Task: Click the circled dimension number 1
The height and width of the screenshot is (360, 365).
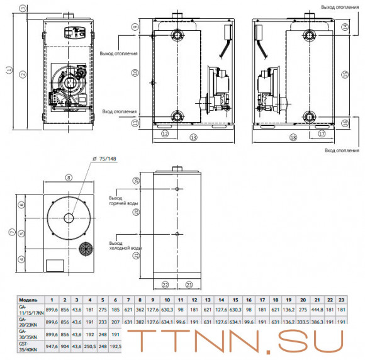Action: click(8, 70)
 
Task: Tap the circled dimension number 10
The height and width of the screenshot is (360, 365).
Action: click(134, 73)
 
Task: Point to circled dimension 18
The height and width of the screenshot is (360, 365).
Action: click(293, 137)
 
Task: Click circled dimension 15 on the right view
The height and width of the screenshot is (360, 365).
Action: click(344, 74)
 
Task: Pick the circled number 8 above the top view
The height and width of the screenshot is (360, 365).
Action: click(69, 178)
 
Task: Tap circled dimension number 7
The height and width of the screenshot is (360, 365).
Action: click(8, 232)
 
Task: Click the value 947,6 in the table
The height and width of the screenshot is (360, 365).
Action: click(52, 345)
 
